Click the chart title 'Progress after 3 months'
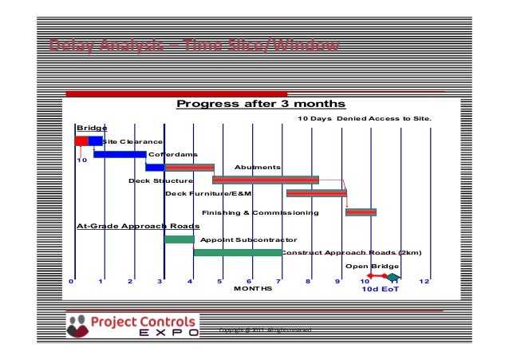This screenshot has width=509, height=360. (260, 105)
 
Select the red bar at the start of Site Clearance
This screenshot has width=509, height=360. (81, 140)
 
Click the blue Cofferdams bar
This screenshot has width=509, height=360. (120, 154)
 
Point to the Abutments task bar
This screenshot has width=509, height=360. (189, 168)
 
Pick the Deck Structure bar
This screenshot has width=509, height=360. (266, 180)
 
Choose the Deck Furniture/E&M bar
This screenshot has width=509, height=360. (316, 193)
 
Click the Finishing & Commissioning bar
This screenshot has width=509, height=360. (361, 212)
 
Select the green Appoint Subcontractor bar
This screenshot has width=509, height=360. (180, 239)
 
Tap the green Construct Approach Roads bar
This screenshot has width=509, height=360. (237, 252)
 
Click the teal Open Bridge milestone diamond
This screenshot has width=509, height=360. (393, 277)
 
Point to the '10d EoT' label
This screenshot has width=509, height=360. (381, 290)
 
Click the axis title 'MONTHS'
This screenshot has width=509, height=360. (252, 289)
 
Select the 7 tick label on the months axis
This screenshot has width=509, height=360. (278, 282)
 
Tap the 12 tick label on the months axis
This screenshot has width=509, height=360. (424, 282)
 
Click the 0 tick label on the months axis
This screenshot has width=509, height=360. (72, 282)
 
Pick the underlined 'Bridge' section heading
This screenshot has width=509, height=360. (92, 128)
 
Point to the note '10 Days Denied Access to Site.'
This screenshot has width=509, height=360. (365, 118)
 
